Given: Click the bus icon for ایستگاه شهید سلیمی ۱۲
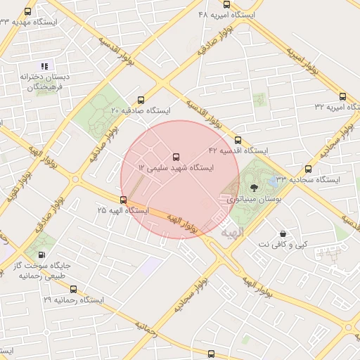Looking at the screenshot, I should tap(176, 157).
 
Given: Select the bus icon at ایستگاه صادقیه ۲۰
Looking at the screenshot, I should tap(141, 100).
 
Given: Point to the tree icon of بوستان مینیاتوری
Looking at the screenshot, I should tap(254, 188).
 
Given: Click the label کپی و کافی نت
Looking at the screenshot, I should tap(283, 244).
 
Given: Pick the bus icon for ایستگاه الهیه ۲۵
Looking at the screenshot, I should tap(124, 200).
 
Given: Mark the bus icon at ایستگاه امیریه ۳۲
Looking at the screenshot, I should tap(342, 96).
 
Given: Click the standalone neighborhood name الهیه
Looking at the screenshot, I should tap(230, 231).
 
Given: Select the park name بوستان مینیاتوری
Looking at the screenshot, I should tap(253, 200).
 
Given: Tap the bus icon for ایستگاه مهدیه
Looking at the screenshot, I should tap(28, 11).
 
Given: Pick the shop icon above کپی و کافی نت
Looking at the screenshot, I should tap(283, 233).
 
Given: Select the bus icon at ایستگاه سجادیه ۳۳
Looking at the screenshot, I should tap(308, 169).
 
